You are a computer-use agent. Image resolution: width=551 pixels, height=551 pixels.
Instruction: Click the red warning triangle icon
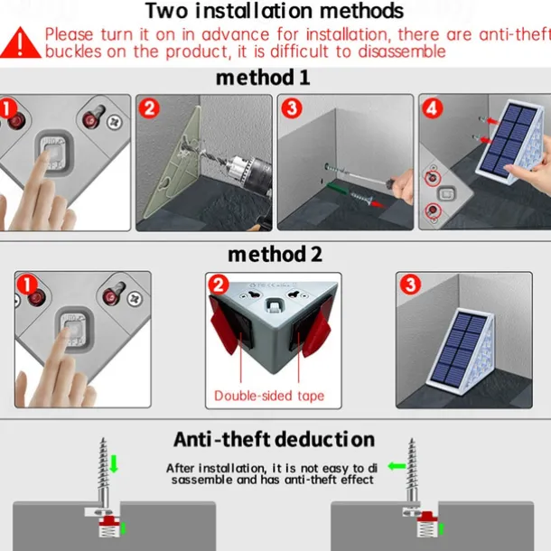(x=21, y=43)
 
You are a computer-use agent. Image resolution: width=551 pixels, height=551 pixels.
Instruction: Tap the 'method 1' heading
(x=263, y=78)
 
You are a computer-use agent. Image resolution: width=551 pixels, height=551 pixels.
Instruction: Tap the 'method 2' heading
(x=275, y=255)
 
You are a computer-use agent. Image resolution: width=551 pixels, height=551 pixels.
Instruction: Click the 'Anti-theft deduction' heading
(x=274, y=439)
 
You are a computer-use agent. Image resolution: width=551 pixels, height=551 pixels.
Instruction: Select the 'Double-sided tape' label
(x=269, y=396)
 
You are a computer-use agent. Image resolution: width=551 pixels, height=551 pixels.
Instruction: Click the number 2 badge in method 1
(x=149, y=108)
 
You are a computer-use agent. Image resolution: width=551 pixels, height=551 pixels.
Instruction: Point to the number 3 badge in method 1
(x=292, y=108)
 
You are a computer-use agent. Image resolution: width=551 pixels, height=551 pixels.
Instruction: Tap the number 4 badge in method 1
(x=433, y=108)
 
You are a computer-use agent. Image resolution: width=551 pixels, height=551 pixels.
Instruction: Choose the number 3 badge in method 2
(x=410, y=285)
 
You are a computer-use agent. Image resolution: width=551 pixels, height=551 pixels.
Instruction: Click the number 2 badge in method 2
(x=219, y=285)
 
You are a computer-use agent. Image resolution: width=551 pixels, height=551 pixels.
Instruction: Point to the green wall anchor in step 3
(x=338, y=189)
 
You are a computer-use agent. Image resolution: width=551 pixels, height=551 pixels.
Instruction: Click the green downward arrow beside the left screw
(x=114, y=464)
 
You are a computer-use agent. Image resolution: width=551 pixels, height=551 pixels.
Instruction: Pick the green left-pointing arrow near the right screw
(x=397, y=466)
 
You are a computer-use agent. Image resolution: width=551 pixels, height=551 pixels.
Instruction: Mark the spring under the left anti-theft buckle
(x=107, y=530)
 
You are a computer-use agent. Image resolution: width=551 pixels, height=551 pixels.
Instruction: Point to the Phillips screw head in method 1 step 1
(x=116, y=122)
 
